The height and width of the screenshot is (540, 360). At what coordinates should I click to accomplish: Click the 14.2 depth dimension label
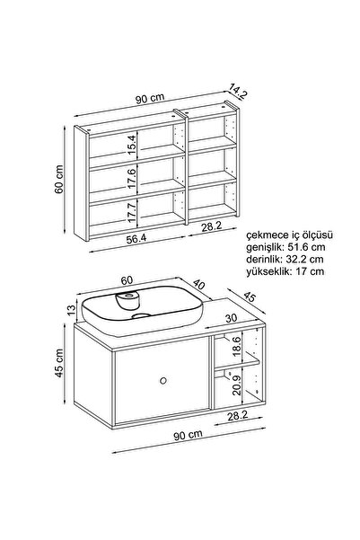pyautogui.click(x=238, y=93)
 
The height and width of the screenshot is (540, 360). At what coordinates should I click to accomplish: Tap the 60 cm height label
pyautogui.click(x=59, y=179)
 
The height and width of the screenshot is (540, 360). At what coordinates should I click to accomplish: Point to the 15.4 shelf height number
pyautogui.click(x=133, y=145)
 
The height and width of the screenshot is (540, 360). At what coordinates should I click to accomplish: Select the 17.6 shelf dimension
pyautogui.click(x=133, y=177)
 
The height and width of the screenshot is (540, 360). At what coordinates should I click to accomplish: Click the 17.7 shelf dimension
pyautogui.click(x=133, y=212)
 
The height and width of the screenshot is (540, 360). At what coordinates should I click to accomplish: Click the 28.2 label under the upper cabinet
pyautogui.click(x=212, y=226)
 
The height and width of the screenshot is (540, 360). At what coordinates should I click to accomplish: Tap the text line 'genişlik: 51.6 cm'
pyautogui.click(x=285, y=247)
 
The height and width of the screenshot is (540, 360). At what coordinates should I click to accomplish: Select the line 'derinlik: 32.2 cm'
pyautogui.click(x=285, y=259)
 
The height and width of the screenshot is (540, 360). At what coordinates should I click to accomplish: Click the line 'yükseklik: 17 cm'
pyautogui.click(x=285, y=271)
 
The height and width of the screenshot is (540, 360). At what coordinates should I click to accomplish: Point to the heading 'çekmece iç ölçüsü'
pyautogui.click(x=289, y=235)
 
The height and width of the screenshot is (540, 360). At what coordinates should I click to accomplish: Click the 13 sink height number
pyautogui.click(x=71, y=310)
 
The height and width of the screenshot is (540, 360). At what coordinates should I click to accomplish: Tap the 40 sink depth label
pyautogui.click(x=198, y=285)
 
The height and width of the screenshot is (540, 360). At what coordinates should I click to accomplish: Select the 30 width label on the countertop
pyautogui.click(x=232, y=318)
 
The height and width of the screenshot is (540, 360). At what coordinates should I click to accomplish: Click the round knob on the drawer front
pyautogui.click(x=163, y=381)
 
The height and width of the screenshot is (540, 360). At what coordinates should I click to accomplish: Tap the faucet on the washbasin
pyautogui.click(x=127, y=299)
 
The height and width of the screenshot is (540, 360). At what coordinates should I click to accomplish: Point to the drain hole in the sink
pyautogui.click(x=141, y=315)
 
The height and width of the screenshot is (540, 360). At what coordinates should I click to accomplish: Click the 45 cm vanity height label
pyautogui.click(x=59, y=363)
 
